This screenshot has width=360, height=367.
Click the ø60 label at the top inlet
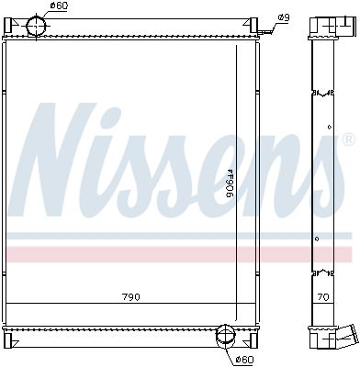coord(59,6)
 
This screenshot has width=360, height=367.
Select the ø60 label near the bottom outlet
coord(243,359)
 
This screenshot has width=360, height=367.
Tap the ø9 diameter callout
coord(284,17)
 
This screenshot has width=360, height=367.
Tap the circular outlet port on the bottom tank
coord(224,337)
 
